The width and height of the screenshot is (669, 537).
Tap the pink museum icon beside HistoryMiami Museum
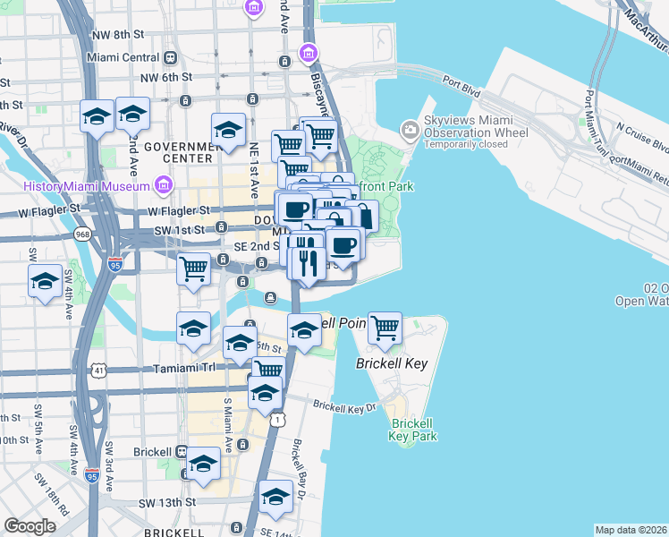coord(163,186)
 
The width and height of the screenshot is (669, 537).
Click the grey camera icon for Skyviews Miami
coord(411,131)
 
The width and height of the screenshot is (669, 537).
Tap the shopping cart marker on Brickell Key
coord(385,328)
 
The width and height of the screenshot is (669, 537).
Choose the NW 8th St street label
coord(123,34)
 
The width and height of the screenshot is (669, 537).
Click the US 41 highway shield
coord(96,369)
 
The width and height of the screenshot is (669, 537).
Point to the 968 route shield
coord(83,234)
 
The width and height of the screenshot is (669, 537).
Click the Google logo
coord(30,526)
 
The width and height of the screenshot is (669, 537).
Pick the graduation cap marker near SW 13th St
coord(275,497)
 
